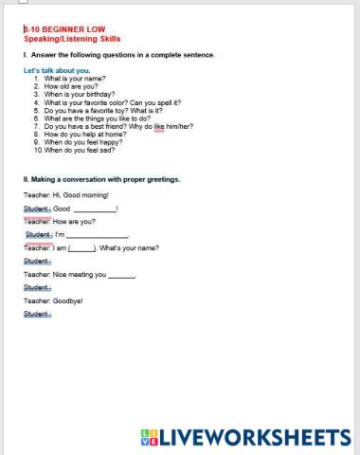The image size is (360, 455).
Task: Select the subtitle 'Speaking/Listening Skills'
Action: pyautogui.click(x=63, y=39)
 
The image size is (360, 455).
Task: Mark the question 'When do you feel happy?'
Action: pyautogui.click(x=83, y=141)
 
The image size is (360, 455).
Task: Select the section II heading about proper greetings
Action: pyautogui.click(x=101, y=179)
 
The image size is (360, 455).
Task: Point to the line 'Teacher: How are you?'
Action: pyautogui.click(x=60, y=221)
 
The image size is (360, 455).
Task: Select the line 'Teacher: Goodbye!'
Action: pyautogui.click(x=53, y=300)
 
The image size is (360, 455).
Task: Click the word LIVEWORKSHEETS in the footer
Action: pyautogui.click(x=253, y=437)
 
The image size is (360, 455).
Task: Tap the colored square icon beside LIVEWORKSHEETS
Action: pyautogui.click(x=147, y=437)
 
